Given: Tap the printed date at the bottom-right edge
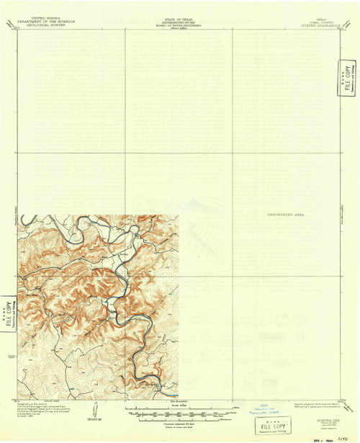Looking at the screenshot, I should coord(320,437).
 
